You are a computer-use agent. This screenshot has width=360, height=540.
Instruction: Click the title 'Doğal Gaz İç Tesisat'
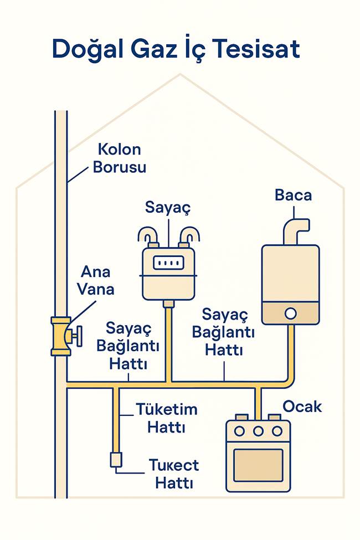click(x=176, y=49)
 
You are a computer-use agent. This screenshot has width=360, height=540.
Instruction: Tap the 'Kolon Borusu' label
click(x=119, y=158)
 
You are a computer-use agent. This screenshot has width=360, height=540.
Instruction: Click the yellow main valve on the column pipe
click(x=60, y=336)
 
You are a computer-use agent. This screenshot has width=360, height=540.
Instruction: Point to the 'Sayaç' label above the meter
click(x=168, y=208)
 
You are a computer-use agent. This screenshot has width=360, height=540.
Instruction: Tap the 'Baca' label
click(x=293, y=195)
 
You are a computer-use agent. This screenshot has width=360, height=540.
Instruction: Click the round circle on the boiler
click(x=290, y=313)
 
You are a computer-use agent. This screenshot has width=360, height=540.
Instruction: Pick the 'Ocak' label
click(x=302, y=407)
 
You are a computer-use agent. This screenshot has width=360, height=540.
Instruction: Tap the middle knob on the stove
click(x=258, y=431)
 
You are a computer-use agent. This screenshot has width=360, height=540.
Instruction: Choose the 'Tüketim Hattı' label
click(x=167, y=418)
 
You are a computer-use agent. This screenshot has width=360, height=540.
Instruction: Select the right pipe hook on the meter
click(x=188, y=236)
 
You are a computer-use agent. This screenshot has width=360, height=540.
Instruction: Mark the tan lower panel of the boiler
click(x=290, y=313)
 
